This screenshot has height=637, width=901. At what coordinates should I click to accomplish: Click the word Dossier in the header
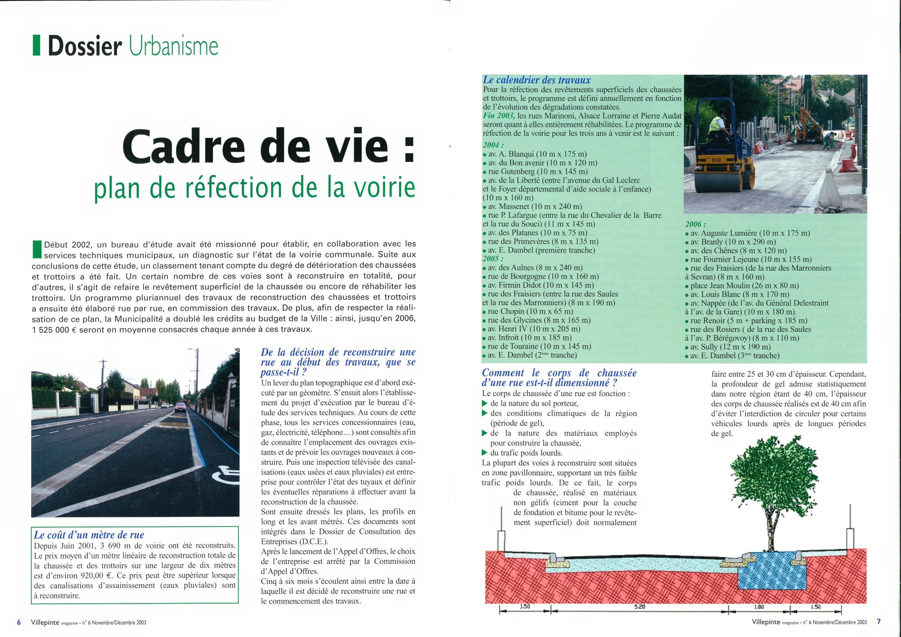[84, 46]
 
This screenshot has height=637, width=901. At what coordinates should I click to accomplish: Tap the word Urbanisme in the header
[173, 46]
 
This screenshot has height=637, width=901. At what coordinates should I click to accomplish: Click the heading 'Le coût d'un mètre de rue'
[89, 535]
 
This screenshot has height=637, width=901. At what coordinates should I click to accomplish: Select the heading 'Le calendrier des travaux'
[536, 80]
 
